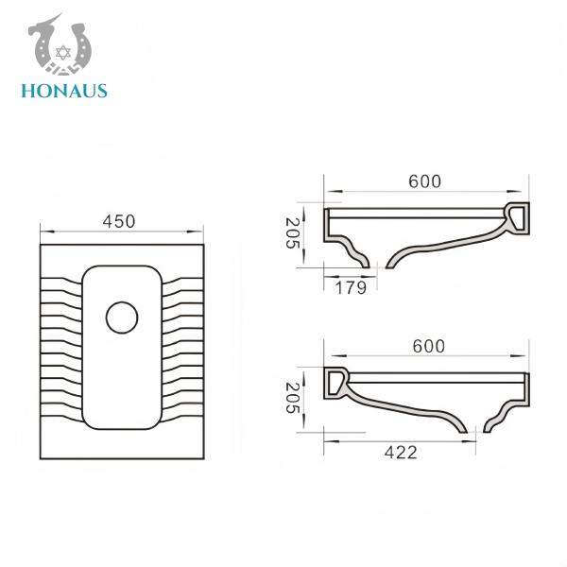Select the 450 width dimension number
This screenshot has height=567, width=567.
coord(119,221)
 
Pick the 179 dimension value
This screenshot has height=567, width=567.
coord(351,288)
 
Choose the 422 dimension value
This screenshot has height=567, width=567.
coord(401,453)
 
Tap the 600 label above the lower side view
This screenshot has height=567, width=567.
coord(428,346)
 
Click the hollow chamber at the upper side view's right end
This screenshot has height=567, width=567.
coord(518,218)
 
